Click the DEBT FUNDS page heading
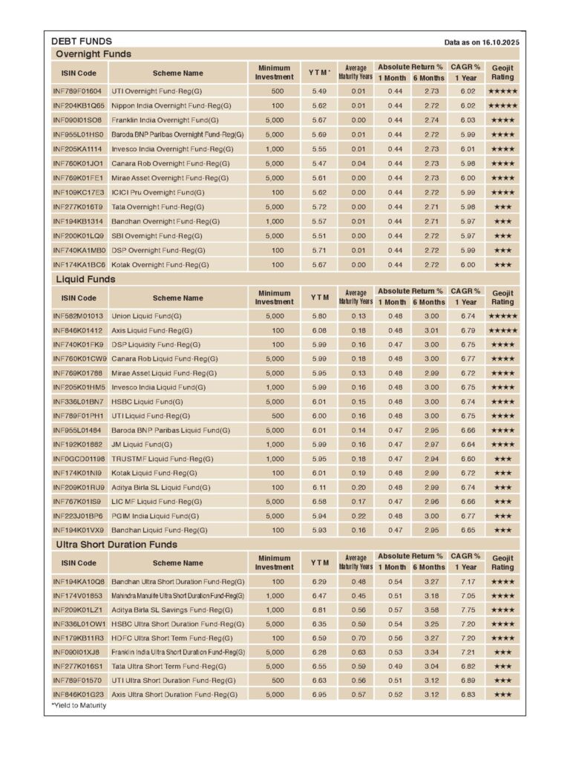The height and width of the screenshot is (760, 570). [x=82, y=42]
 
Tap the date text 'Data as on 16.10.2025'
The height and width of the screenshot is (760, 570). [x=481, y=42]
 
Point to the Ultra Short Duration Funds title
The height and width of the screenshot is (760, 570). [x=117, y=544]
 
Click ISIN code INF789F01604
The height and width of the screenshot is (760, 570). [x=76, y=91]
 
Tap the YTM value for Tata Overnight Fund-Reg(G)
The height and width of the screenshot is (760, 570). [x=319, y=206]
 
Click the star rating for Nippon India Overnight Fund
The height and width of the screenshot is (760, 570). [x=502, y=105]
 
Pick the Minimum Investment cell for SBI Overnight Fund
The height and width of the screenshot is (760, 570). [x=274, y=235]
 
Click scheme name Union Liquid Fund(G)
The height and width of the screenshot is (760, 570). [x=146, y=315]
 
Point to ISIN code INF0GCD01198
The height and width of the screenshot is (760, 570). [x=79, y=459]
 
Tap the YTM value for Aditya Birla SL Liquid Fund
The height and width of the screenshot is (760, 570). [x=319, y=488]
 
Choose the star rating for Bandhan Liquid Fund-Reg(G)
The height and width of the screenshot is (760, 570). [x=502, y=531]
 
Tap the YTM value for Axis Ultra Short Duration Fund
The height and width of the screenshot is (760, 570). [x=319, y=695]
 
